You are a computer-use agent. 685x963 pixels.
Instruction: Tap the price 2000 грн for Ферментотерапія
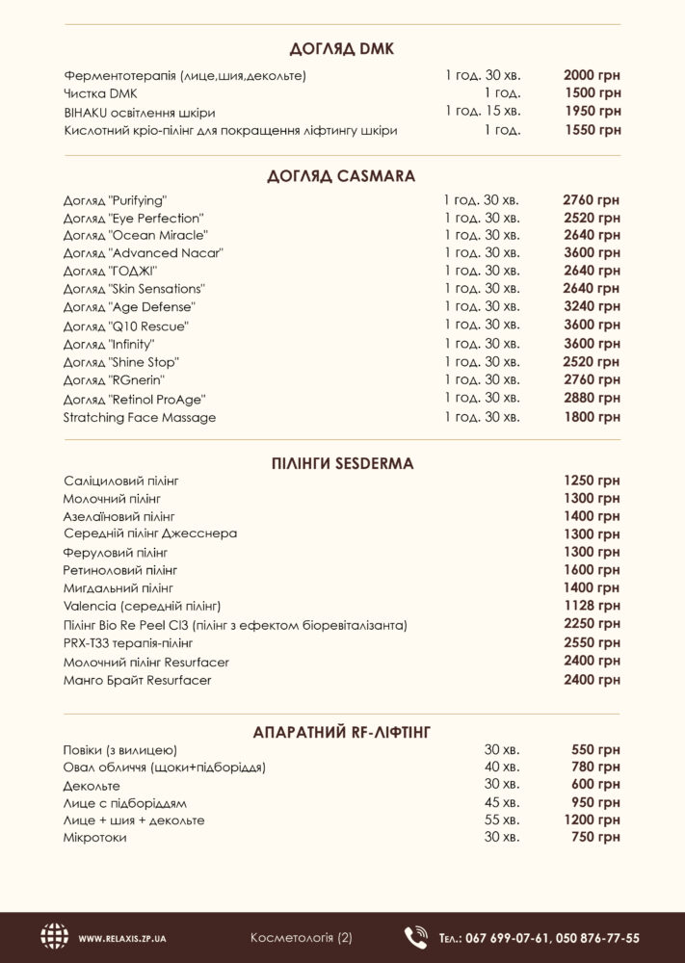(x=592, y=74)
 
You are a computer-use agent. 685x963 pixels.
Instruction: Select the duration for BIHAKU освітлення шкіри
(x=482, y=111)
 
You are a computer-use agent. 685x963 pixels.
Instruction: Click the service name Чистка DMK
(x=100, y=92)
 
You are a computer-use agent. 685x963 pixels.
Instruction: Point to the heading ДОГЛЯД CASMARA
(x=342, y=175)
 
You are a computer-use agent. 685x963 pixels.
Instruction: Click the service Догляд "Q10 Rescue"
(x=125, y=326)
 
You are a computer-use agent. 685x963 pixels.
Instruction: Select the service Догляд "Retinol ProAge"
(x=135, y=399)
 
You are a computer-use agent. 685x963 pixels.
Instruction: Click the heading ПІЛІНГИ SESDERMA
(x=342, y=463)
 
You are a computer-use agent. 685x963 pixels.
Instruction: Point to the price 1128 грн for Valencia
(x=592, y=605)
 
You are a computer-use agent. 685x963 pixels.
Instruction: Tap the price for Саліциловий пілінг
(x=592, y=480)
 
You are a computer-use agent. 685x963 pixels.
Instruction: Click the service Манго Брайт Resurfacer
(x=137, y=680)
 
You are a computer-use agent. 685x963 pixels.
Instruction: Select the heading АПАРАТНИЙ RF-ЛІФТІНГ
(x=342, y=733)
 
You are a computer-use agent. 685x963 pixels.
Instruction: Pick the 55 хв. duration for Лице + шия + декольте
(x=500, y=820)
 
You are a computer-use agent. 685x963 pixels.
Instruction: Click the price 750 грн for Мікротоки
(x=595, y=838)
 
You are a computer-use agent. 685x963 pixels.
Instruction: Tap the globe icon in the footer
(x=55, y=937)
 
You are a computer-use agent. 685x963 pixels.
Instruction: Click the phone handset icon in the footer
(x=415, y=937)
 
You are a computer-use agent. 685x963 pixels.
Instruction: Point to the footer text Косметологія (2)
(x=301, y=937)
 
